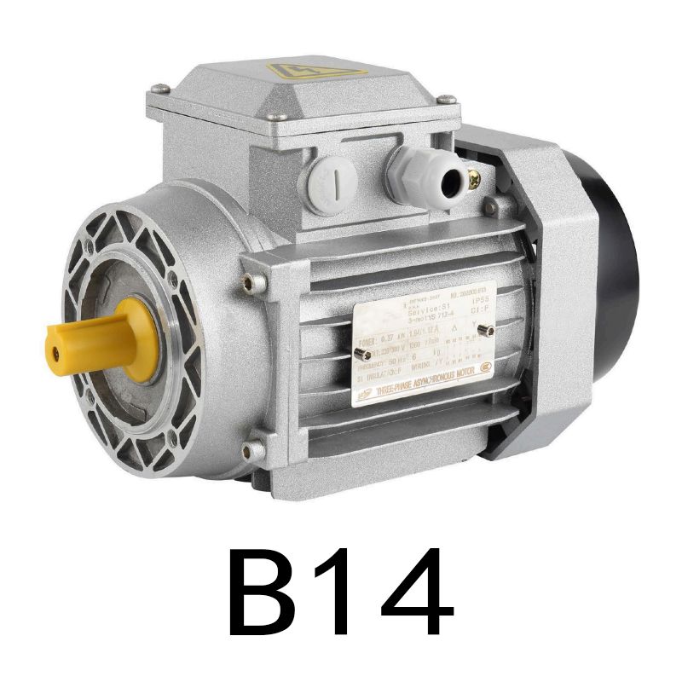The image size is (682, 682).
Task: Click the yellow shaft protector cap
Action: (94, 337)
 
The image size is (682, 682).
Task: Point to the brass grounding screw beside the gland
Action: (475, 179)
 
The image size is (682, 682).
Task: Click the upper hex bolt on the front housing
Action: (248, 282)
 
